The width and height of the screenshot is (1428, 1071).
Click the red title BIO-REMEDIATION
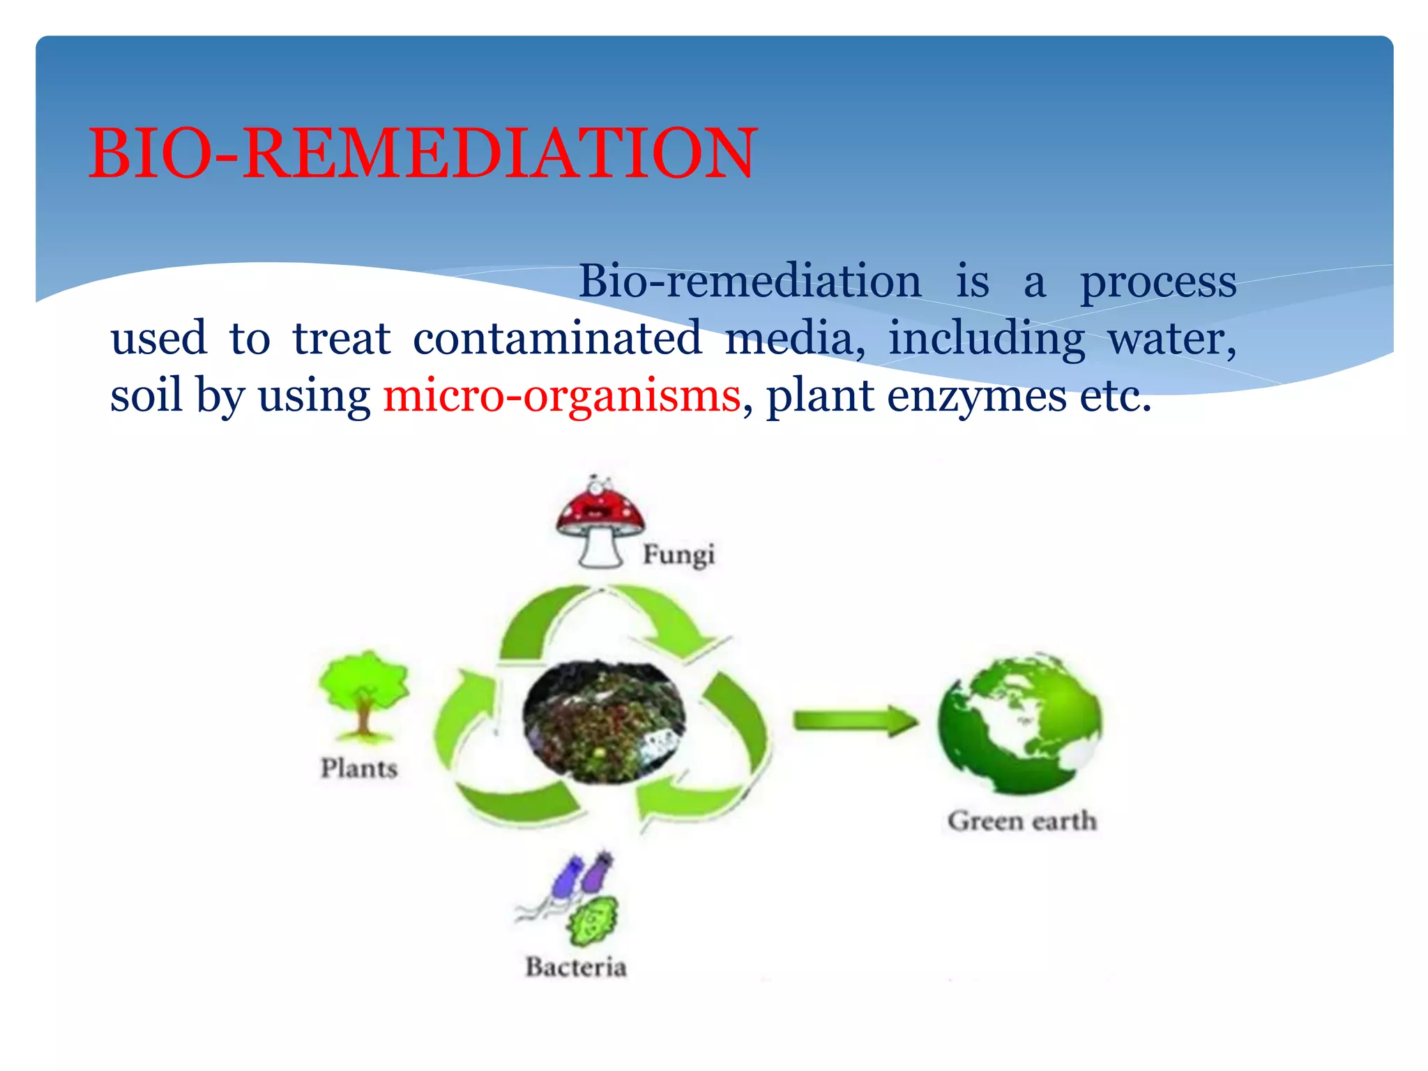tap(422, 153)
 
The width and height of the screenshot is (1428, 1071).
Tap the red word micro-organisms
tap(561, 396)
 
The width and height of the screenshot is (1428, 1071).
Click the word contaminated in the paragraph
tap(557, 338)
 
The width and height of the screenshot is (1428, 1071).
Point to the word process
tap(1158, 282)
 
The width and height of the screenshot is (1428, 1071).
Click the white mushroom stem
tap(600, 549)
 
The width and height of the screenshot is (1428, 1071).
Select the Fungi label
tap(678, 555)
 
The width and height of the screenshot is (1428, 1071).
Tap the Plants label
tap(359, 768)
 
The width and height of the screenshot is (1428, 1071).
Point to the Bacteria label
tap(576, 967)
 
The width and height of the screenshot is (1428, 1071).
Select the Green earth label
tap(1021, 821)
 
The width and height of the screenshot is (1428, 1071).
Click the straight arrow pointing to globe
tap(855, 721)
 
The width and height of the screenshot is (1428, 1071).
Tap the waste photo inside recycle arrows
tap(604, 722)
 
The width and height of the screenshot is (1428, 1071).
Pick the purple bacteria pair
tap(582, 875)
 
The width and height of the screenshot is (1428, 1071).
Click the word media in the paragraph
tap(793, 338)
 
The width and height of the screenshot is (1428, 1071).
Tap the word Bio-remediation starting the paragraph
tap(750, 282)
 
